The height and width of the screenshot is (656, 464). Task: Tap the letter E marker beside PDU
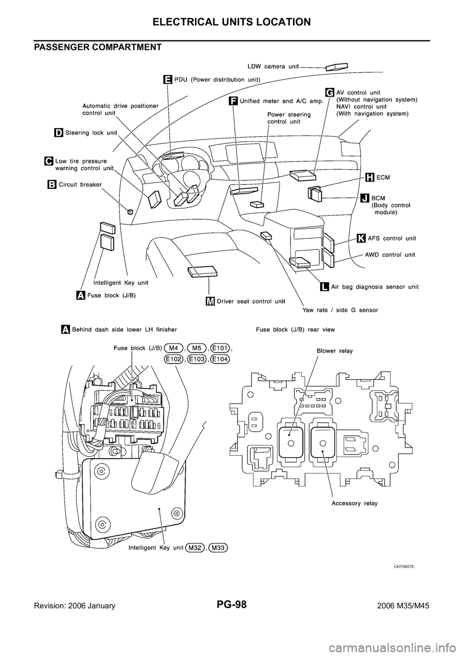[167, 79]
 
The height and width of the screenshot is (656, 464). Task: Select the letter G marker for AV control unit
[330, 92]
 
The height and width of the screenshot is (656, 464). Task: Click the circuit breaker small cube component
[130, 211]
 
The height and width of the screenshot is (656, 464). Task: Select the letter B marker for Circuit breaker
[52, 184]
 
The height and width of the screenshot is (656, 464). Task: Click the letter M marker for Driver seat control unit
[210, 301]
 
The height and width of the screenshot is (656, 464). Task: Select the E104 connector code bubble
[220, 359]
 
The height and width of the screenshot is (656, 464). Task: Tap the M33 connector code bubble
[219, 548]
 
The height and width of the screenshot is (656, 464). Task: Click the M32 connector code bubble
[195, 548]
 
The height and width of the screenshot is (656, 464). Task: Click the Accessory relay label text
[354, 503]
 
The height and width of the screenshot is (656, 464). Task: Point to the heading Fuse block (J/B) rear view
[295, 329]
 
